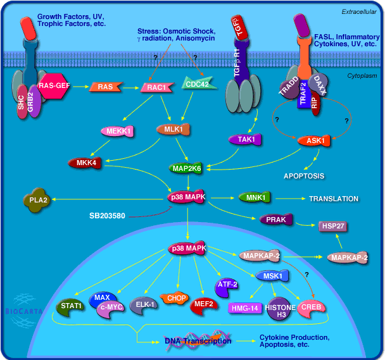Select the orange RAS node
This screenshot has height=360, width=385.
click(x=105, y=87)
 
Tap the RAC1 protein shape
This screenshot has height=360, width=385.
click(x=156, y=87)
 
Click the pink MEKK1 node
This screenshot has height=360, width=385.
click(x=117, y=132)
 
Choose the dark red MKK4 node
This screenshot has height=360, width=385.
click(x=84, y=163)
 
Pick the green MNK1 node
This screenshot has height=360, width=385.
click(x=253, y=198)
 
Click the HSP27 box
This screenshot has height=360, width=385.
click(x=332, y=225)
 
